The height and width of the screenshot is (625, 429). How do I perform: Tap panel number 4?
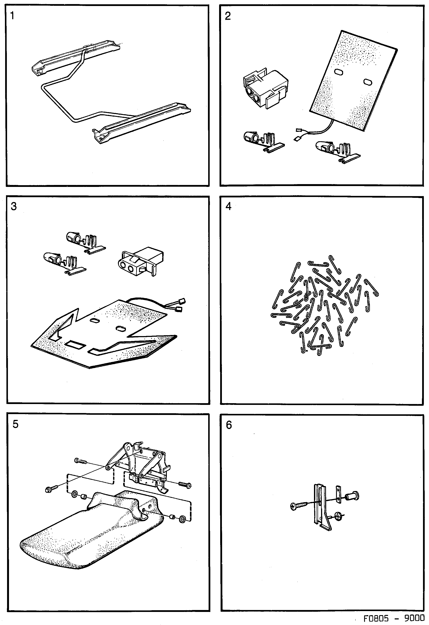click(228, 206)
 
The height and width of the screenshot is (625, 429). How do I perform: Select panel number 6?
click(229, 425)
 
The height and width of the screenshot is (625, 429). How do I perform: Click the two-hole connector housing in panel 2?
click(265, 89)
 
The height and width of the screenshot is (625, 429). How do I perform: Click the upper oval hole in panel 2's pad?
click(339, 72)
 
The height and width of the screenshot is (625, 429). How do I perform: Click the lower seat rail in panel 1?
click(142, 124)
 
